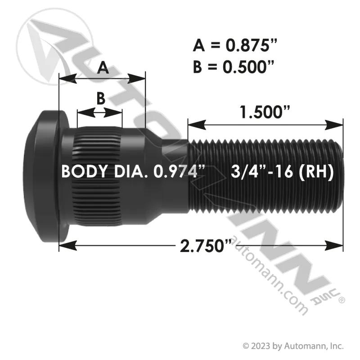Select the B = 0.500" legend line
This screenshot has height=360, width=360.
click(x=234, y=67)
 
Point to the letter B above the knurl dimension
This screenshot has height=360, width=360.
click(x=100, y=98)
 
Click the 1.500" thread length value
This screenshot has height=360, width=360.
click(x=265, y=112)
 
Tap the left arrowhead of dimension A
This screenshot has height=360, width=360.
click(x=68, y=79)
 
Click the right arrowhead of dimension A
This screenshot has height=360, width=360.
click(x=137, y=79)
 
